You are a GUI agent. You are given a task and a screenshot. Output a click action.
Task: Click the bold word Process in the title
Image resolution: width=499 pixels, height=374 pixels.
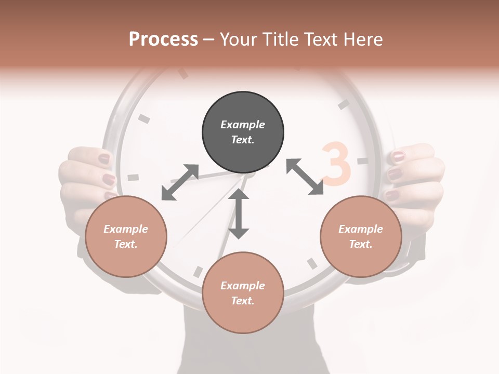coord(163,39)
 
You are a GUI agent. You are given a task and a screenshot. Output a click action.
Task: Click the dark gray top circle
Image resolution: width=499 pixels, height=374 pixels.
coord(243,132)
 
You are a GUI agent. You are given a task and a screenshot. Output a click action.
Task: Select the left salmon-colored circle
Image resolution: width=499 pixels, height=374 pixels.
coord(126,236)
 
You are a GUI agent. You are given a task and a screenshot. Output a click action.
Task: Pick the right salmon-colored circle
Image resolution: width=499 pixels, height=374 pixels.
coord(361,236)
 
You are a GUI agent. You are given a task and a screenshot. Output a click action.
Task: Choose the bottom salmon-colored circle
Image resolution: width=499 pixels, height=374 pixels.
coord(243,292)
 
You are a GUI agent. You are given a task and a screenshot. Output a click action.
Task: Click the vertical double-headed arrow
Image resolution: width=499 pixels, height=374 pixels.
coord(239,213)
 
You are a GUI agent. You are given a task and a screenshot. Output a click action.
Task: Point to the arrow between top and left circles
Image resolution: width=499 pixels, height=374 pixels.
coord(180,182)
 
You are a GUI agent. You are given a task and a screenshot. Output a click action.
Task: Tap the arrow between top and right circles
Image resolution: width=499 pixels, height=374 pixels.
coord(305,177)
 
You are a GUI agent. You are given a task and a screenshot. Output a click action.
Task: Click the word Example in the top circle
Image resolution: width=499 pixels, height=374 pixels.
coord(243,125)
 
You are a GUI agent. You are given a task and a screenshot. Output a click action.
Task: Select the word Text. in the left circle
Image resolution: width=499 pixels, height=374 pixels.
coord(126,244)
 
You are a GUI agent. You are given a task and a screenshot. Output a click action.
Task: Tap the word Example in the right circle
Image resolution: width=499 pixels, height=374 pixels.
coord(361,229)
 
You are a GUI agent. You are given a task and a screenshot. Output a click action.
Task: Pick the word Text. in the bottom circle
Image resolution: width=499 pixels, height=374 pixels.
coord(243,301)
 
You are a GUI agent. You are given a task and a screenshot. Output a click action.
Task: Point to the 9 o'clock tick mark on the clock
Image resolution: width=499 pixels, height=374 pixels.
coord(134,177)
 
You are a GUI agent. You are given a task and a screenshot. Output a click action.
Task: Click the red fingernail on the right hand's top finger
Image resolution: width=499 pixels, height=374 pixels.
coord(398,156)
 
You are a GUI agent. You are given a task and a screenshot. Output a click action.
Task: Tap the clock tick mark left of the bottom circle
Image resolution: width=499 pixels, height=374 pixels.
coord(198,272)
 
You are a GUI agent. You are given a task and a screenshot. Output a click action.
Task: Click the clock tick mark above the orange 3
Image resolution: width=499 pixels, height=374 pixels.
coord(343,104)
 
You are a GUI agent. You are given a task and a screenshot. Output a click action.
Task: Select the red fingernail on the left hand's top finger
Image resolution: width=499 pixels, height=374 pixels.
coord(104,158)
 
